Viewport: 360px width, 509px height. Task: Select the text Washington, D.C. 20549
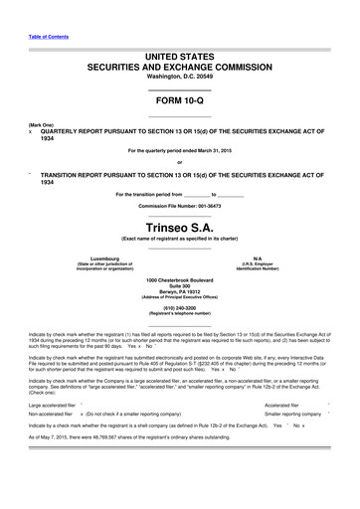(x=180, y=77)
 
